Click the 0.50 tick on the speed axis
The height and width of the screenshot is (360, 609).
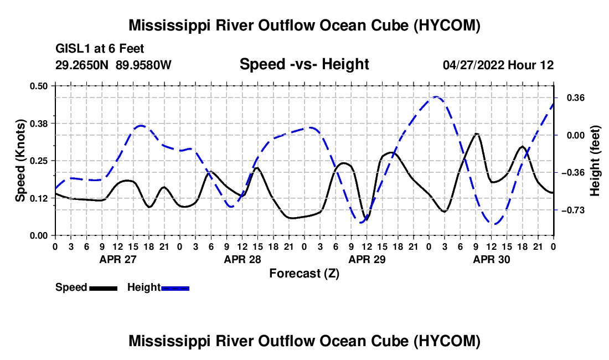38,86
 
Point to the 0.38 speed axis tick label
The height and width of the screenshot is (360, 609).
38,124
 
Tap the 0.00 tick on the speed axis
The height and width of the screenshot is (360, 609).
38,236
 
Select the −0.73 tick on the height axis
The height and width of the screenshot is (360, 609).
575,210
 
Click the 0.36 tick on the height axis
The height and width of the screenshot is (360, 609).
576,98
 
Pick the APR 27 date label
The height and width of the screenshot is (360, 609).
118,259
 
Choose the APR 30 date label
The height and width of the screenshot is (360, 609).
491,259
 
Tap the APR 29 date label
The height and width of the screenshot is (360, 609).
367,259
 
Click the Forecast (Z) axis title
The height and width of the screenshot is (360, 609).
304,274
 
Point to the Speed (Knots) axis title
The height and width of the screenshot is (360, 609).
20,161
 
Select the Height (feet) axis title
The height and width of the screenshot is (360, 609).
595,161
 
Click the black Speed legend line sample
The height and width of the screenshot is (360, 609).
104,289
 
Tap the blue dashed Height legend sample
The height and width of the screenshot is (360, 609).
175,289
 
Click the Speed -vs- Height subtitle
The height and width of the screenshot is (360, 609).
304,64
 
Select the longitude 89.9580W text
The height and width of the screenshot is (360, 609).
143,65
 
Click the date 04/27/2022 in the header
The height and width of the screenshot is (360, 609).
473,65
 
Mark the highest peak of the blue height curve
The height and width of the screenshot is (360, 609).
436,97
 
